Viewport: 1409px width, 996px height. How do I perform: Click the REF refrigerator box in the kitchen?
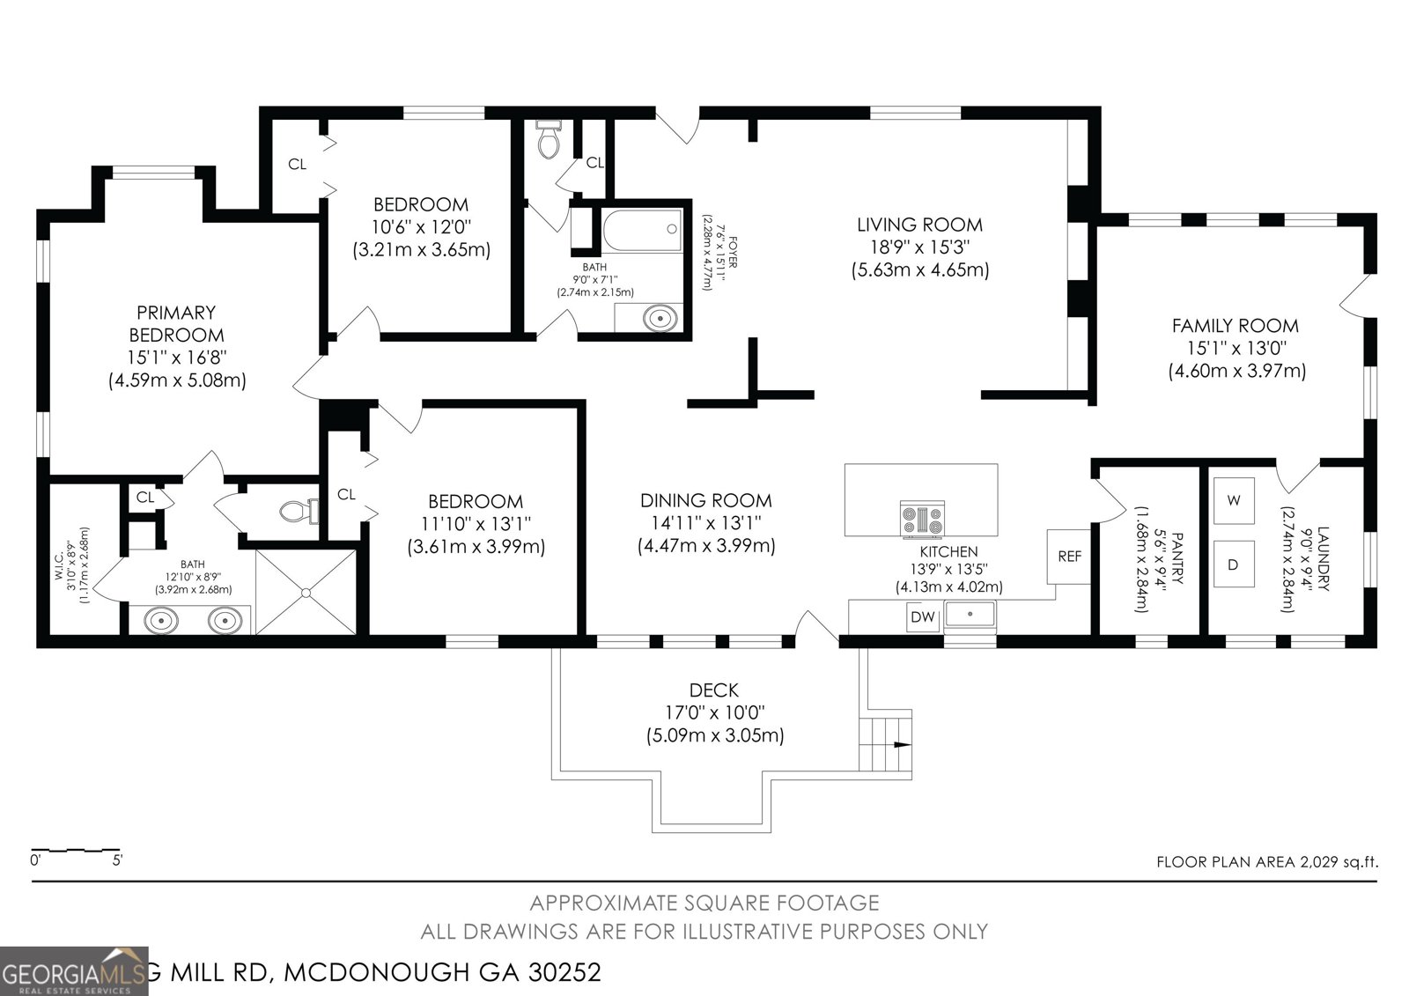pyautogui.click(x=1069, y=556)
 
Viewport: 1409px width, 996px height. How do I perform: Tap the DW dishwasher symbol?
pyautogui.click(x=922, y=617)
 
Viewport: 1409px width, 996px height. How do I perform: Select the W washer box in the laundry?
pyautogui.click(x=1234, y=500)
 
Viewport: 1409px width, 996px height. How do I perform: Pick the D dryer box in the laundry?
pyautogui.click(x=1234, y=564)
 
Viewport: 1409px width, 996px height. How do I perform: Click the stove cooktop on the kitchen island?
pyautogui.click(x=922, y=519)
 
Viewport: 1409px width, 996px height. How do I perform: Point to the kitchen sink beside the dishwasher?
pyautogui.click(x=970, y=614)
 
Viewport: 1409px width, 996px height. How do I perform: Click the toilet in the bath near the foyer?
pyautogui.click(x=548, y=141)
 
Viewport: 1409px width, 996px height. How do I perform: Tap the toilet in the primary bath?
pyautogui.click(x=295, y=510)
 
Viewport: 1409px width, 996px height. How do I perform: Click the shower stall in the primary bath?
pyautogui.click(x=306, y=591)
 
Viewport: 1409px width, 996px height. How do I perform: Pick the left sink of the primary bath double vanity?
pyautogui.click(x=160, y=621)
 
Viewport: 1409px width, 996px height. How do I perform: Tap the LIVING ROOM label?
pyautogui.click(x=919, y=225)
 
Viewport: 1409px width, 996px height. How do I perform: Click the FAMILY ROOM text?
pyautogui.click(x=1235, y=326)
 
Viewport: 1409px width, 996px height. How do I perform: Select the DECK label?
pyautogui.click(x=714, y=690)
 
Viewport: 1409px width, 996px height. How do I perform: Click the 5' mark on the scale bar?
pyautogui.click(x=116, y=860)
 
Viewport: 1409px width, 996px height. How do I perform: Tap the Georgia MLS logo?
pyautogui.click(x=74, y=971)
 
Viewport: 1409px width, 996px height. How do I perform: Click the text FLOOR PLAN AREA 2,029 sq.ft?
pyautogui.click(x=1266, y=862)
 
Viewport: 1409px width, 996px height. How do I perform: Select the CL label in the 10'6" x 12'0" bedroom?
pyautogui.click(x=298, y=164)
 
